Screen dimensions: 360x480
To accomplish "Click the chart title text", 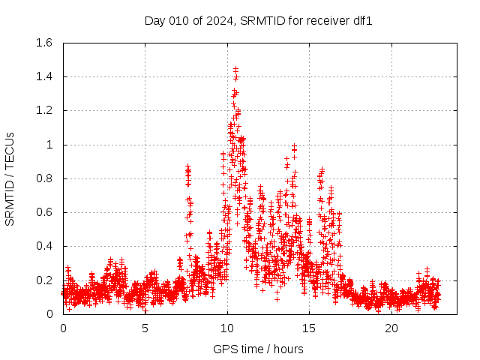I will [258, 20].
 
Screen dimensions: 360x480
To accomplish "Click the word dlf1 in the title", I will [363, 20].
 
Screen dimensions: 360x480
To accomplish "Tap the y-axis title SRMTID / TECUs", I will [10, 178].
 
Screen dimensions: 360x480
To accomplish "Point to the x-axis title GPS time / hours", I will [258, 349].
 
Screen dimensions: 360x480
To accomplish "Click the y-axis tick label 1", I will [51, 145].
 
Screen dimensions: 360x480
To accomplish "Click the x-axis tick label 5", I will [145, 328].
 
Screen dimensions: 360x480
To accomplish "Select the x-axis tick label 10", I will [227, 328].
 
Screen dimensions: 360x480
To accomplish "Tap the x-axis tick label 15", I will [309, 328].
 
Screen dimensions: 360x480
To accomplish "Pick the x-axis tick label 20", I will [391, 328].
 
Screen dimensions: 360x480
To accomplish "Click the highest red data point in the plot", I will [235, 68].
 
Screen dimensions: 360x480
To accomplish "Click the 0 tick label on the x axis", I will [63, 328].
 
